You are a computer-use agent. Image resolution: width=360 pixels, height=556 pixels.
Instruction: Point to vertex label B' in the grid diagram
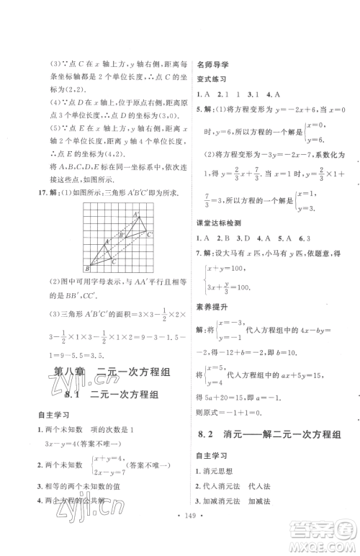pyautogui.click(x=121, y=235)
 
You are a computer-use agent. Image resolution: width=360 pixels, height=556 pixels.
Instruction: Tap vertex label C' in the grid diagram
pyautogui.click(x=149, y=235)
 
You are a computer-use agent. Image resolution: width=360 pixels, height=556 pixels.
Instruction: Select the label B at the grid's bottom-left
pyautogui.click(x=86, y=269)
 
